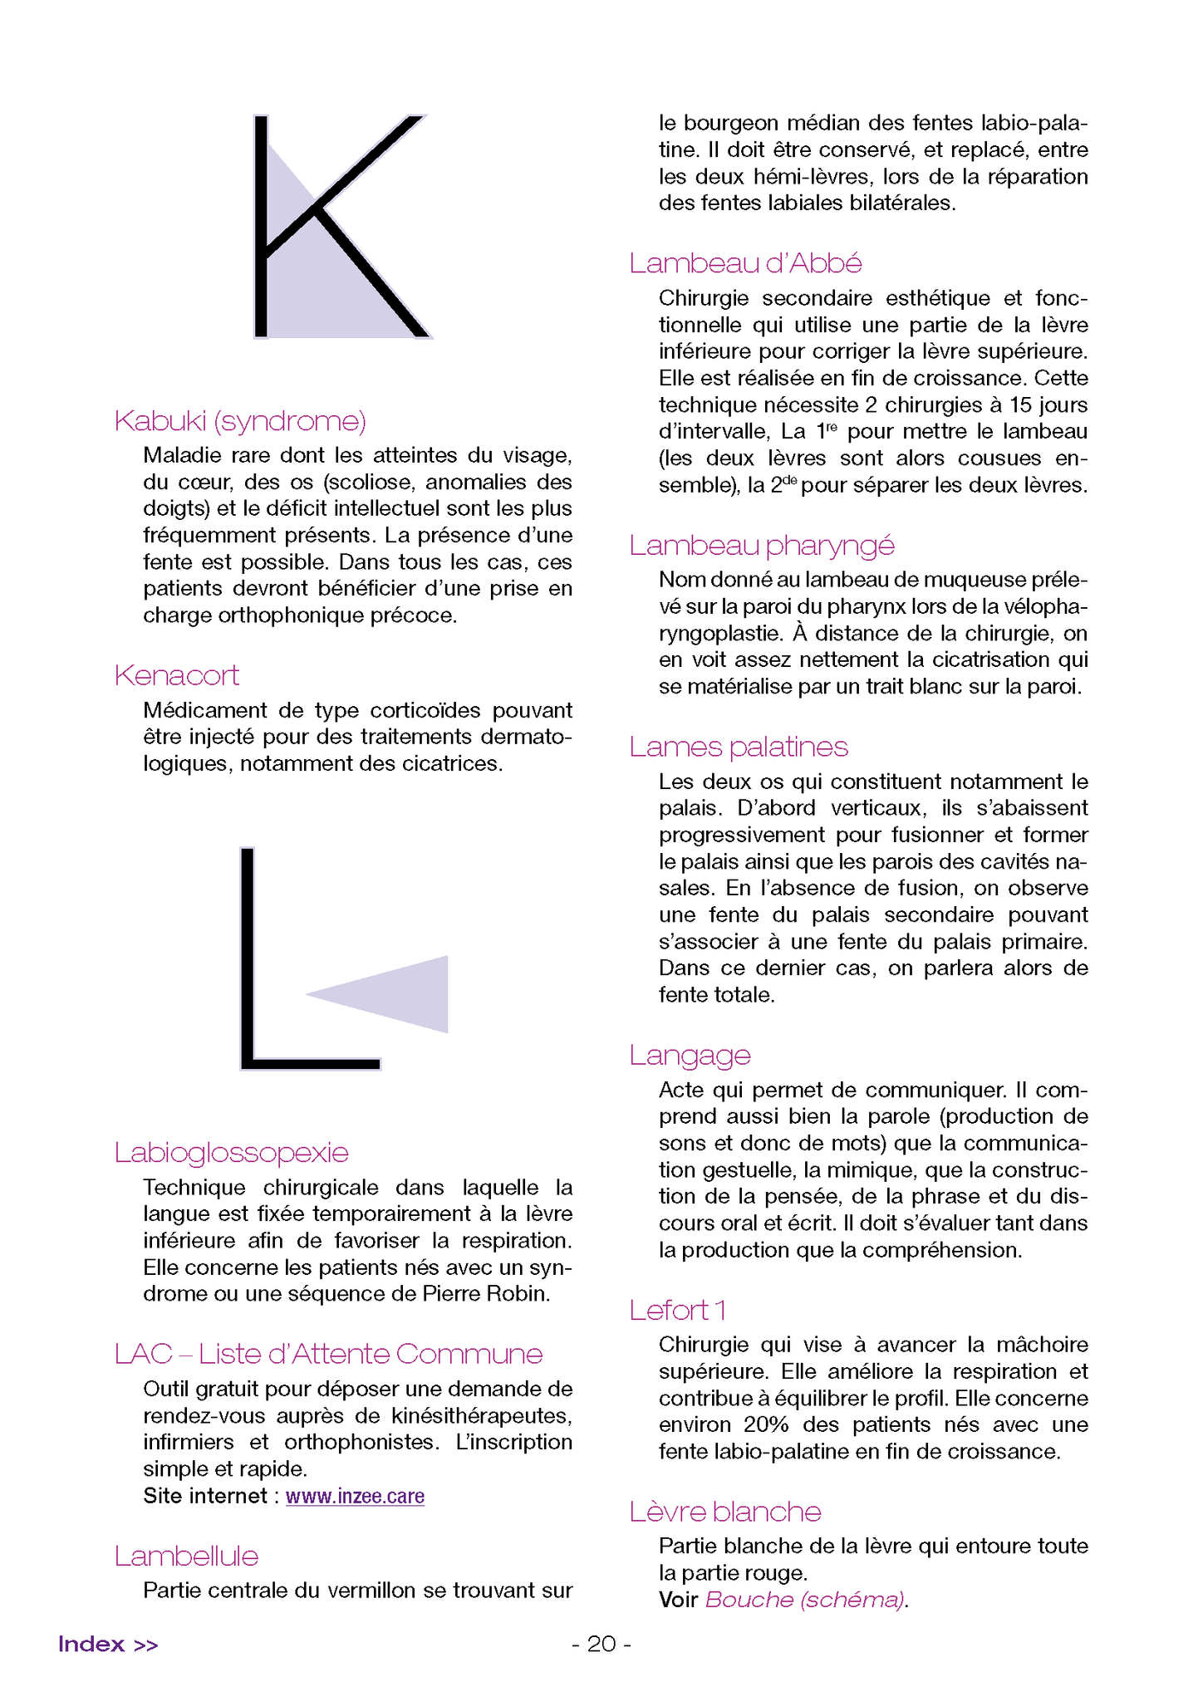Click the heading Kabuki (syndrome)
[x=240, y=421]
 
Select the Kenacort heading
[x=177, y=675]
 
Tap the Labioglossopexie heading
[x=231, y=1153]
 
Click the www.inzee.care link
[x=355, y=1496]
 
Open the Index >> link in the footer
[x=108, y=1644]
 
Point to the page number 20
[x=601, y=1644]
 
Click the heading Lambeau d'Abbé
[x=745, y=263]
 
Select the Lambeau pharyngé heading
[x=762, y=546]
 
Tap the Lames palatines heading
[x=739, y=747]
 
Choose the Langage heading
[x=690, y=1055]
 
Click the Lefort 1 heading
[x=678, y=1310]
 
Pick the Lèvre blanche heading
[x=725, y=1512]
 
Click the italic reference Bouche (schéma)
[x=804, y=1600]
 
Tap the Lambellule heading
[x=187, y=1556]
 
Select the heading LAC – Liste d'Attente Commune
[x=328, y=1354]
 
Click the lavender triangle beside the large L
[x=399, y=994]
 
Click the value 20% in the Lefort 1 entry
[x=766, y=1424]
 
